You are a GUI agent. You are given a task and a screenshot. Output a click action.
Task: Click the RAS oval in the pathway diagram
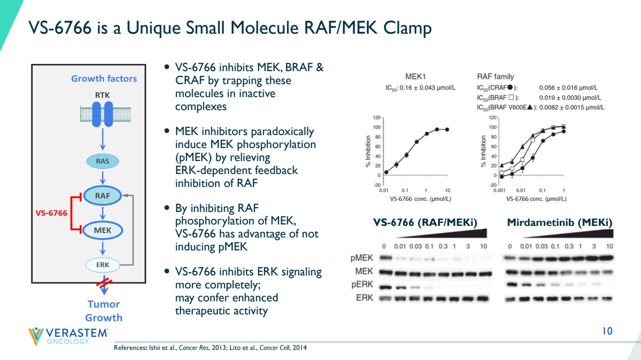click(102, 161)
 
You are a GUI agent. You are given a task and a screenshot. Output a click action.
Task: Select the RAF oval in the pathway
click(102, 196)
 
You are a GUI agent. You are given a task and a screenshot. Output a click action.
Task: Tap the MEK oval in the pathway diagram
click(102, 230)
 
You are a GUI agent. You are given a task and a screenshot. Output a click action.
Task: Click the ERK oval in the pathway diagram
click(102, 265)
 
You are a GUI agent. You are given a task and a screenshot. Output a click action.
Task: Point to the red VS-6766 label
click(51, 213)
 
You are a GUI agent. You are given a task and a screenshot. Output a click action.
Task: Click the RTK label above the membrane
click(102, 95)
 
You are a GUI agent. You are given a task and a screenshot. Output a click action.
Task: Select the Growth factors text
click(104, 79)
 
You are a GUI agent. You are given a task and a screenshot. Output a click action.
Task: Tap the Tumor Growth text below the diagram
click(103, 311)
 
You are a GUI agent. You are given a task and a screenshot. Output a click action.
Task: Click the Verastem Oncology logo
click(68, 336)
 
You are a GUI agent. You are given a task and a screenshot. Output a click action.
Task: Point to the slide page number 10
click(607, 331)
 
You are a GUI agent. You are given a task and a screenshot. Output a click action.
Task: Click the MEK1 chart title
click(415, 76)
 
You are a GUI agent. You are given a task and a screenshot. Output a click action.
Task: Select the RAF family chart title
click(495, 76)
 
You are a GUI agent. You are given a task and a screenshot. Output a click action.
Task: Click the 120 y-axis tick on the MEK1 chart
click(377, 118)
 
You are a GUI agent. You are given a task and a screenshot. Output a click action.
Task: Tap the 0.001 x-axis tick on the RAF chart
click(499, 190)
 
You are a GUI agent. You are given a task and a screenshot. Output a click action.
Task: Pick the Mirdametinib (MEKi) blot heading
click(560, 223)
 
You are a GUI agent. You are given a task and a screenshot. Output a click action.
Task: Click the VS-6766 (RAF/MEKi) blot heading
click(425, 223)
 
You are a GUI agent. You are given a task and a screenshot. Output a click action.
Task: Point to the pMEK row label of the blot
click(362, 258)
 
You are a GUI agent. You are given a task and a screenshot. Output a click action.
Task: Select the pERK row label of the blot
click(362, 285)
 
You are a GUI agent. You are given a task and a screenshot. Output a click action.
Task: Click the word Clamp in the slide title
click(407, 28)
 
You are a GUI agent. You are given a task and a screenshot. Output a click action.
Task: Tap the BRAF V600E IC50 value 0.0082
click(549, 108)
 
